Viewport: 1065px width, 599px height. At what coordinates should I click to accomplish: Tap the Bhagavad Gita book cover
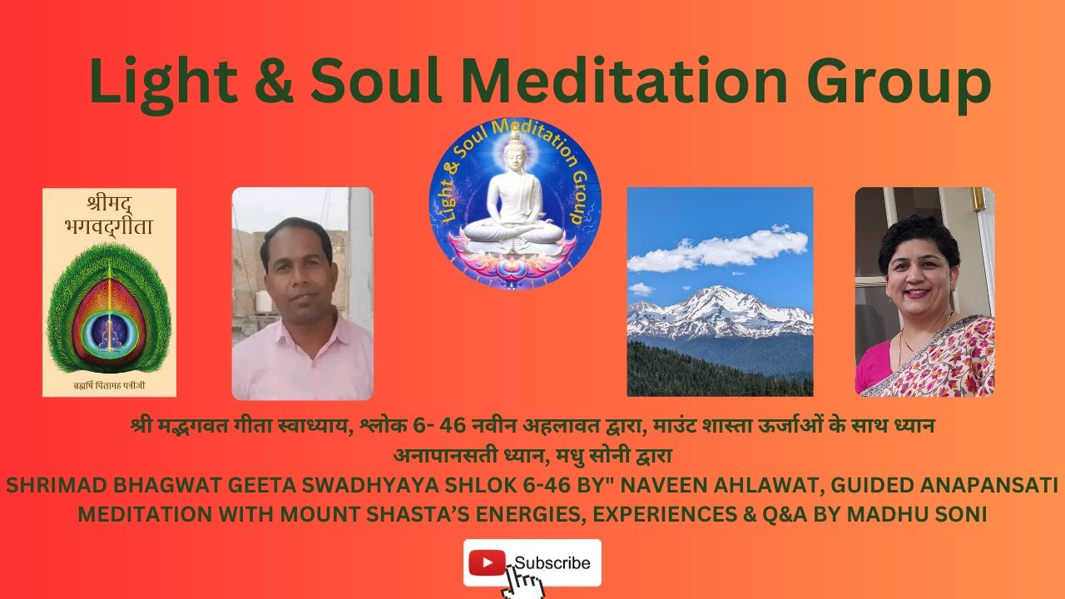point(109,292)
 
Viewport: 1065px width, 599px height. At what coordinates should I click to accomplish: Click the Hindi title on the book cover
point(109,215)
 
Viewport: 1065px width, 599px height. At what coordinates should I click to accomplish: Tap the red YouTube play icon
point(488,563)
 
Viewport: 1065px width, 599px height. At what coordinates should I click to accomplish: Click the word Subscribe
point(552,563)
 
